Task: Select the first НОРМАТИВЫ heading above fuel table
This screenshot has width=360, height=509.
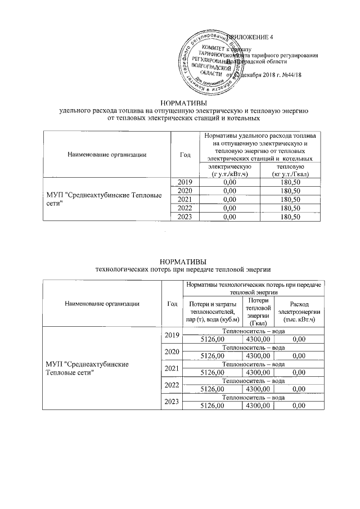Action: (x=183, y=103)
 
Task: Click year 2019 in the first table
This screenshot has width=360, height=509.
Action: (x=185, y=182)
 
